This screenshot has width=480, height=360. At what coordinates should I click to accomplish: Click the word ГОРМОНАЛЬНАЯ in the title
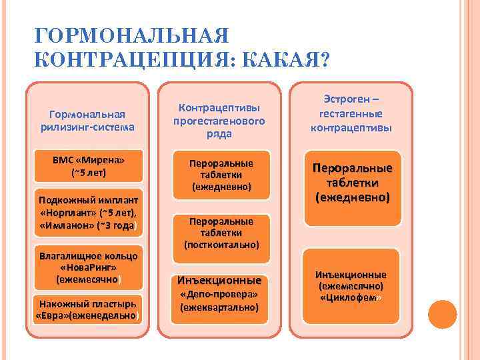[131, 35]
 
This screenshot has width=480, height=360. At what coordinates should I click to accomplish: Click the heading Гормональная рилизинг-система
[88, 120]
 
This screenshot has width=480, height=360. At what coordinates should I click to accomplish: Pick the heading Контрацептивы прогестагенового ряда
[219, 121]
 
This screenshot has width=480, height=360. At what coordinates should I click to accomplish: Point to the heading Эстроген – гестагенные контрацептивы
[351, 113]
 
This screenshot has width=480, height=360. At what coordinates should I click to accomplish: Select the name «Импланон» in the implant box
[67, 225]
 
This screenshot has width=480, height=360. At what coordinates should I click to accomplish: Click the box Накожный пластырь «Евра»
[88, 308]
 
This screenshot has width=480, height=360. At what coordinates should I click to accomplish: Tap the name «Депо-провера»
[219, 294]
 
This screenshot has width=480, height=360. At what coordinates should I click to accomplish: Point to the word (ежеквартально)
[219, 307]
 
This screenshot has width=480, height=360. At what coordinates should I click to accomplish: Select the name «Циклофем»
[351, 297]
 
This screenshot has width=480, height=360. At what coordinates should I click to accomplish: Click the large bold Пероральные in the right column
[351, 168]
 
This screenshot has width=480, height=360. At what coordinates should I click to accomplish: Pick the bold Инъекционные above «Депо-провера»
[219, 281]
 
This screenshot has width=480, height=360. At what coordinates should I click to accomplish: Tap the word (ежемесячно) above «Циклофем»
[351, 286]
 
